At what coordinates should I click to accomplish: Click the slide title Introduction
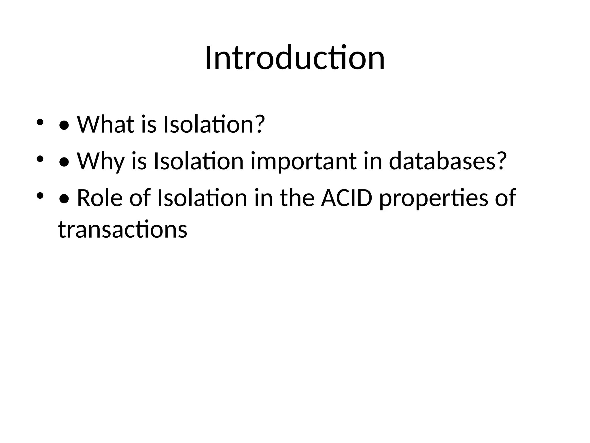click(295, 58)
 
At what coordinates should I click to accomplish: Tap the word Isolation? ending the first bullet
click(213, 125)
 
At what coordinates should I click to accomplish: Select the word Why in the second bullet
click(101, 161)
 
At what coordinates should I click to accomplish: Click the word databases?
click(447, 161)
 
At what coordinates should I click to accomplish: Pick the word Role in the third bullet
click(99, 198)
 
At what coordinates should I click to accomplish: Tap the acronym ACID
click(347, 198)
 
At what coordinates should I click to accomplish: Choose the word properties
click(434, 198)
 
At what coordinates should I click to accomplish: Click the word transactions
click(122, 229)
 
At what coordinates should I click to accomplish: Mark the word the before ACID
click(297, 198)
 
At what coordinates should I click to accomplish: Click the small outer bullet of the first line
click(40, 122)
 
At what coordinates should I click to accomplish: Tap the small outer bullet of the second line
click(40, 159)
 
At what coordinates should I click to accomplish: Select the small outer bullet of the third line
click(40, 196)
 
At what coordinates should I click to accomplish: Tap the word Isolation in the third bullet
click(202, 198)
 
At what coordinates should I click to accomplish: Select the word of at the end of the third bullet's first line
click(506, 198)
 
